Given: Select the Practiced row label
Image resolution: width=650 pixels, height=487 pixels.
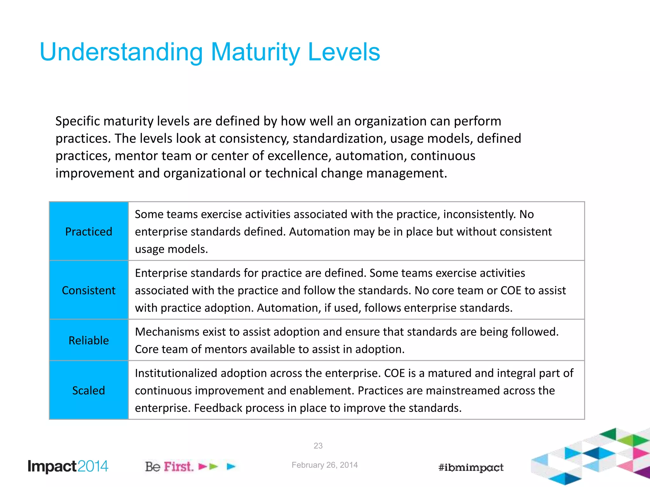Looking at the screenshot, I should tap(89, 232).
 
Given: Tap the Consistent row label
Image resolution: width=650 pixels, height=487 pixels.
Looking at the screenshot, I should tap(89, 290).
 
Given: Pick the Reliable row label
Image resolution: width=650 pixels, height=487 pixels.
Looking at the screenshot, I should tap(89, 341).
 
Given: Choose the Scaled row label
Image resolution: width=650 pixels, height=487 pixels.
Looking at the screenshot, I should tap(89, 391).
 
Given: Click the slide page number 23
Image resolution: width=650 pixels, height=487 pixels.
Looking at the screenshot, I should tap(318, 446).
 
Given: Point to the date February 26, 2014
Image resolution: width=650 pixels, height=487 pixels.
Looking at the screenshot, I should tap(324, 465).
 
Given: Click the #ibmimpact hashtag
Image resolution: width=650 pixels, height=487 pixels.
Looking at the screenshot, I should tap(471, 468).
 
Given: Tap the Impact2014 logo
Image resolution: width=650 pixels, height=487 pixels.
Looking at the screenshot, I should tap(68, 466).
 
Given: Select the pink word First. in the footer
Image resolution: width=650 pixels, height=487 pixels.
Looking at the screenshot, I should tap(179, 467).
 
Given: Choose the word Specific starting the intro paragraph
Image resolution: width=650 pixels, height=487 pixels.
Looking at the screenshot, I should tap(77, 121).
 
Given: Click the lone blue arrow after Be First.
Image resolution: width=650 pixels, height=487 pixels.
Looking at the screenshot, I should tap(231, 466).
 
